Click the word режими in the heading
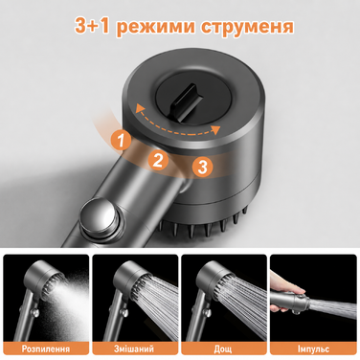(x=156, y=27)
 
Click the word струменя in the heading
(x=247, y=27)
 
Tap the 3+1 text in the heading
(x=93, y=26)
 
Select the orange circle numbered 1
(x=121, y=141)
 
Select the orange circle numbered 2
(x=158, y=160)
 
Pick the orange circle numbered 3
(x=202, y=167)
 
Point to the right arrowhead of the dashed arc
(x=216, y=129)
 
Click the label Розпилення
(x=46, y=349)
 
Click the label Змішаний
(x=134, y=349)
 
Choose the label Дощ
(x=223, y=349)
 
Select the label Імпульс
(x=313, y=349)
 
